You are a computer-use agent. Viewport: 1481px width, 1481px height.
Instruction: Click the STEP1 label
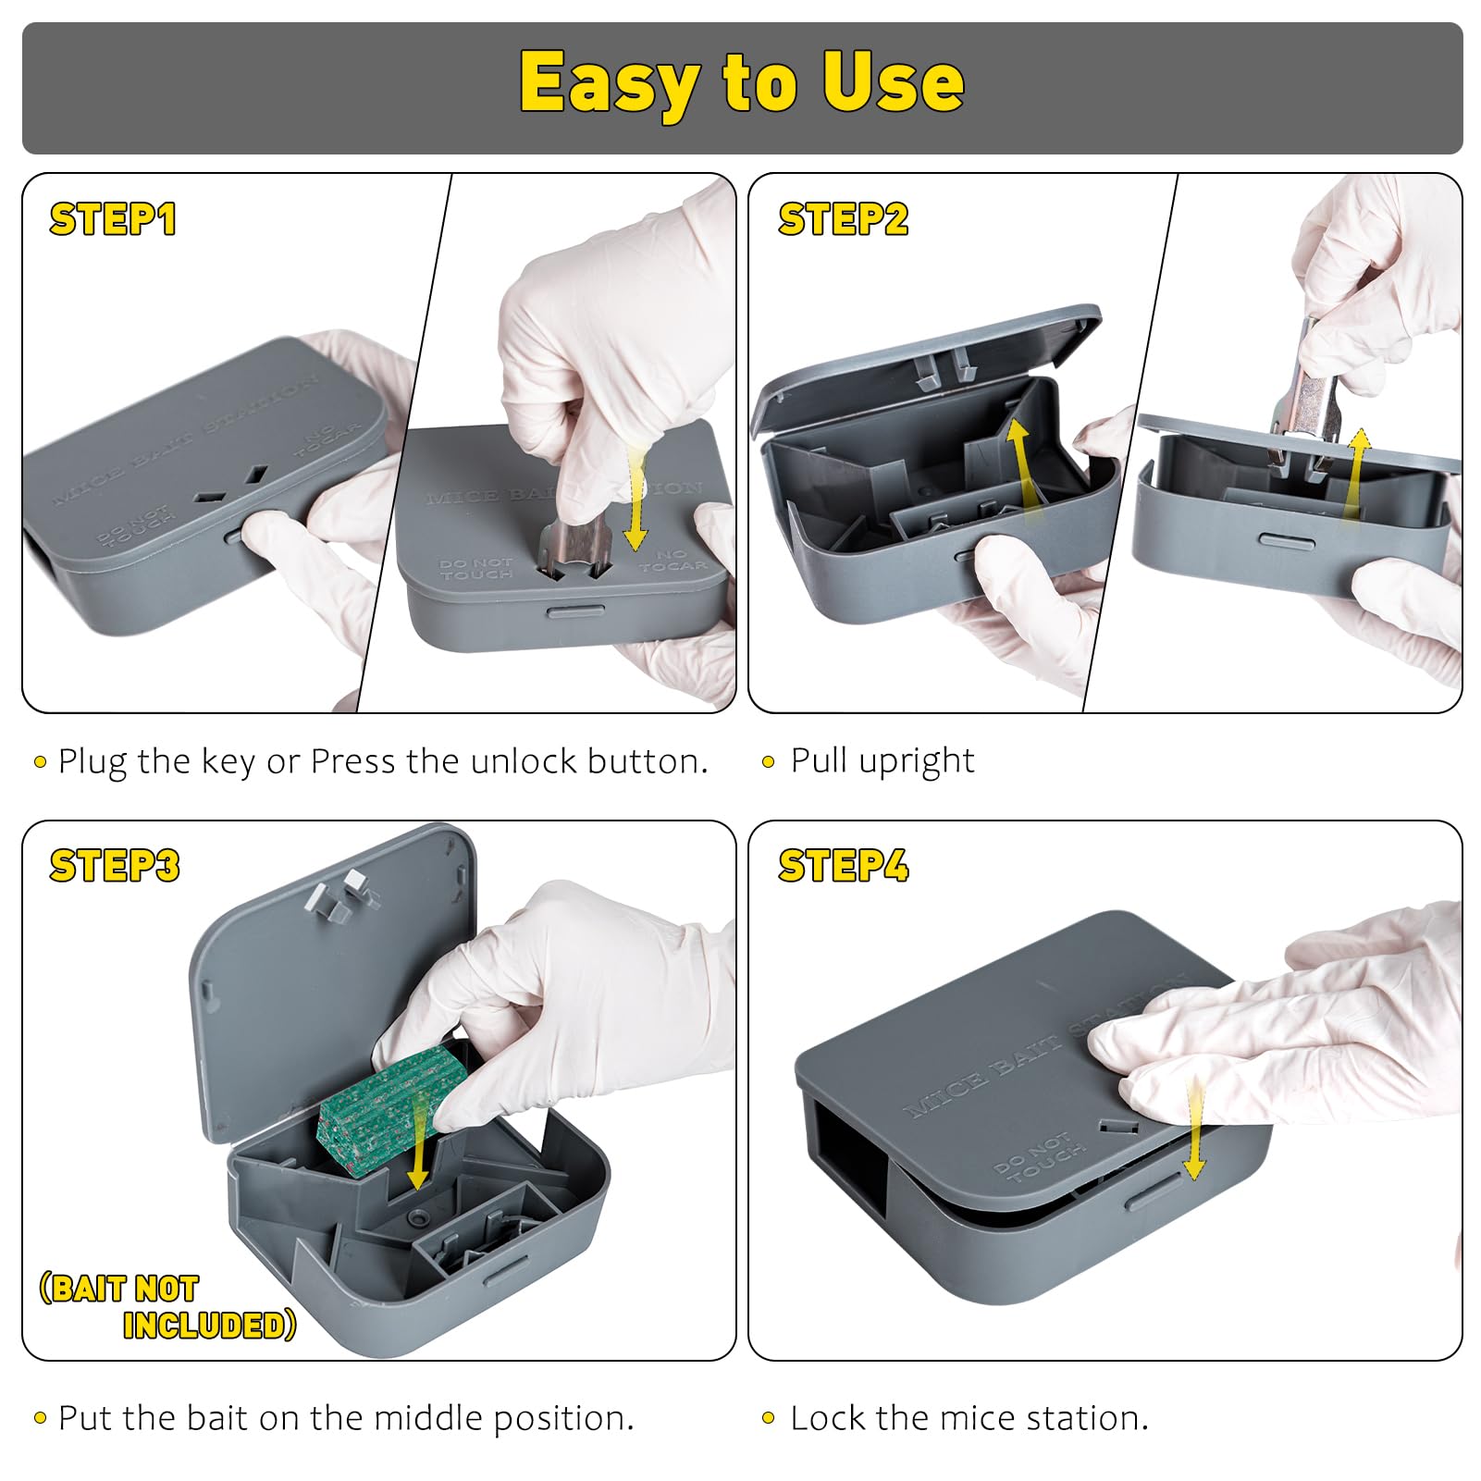pos(113,220)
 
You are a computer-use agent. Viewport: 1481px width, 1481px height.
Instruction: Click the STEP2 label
pos(843,220)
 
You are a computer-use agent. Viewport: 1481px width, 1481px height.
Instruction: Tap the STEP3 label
pos(115,867)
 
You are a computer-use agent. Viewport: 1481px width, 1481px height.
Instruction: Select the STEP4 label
pos(843,867)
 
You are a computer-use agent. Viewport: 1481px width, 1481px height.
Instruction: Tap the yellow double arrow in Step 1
pos(635,500)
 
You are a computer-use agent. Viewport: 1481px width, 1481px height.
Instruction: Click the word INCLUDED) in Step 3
pos(210,1326)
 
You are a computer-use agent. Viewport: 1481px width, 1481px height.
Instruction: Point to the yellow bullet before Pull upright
pos(768,762)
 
